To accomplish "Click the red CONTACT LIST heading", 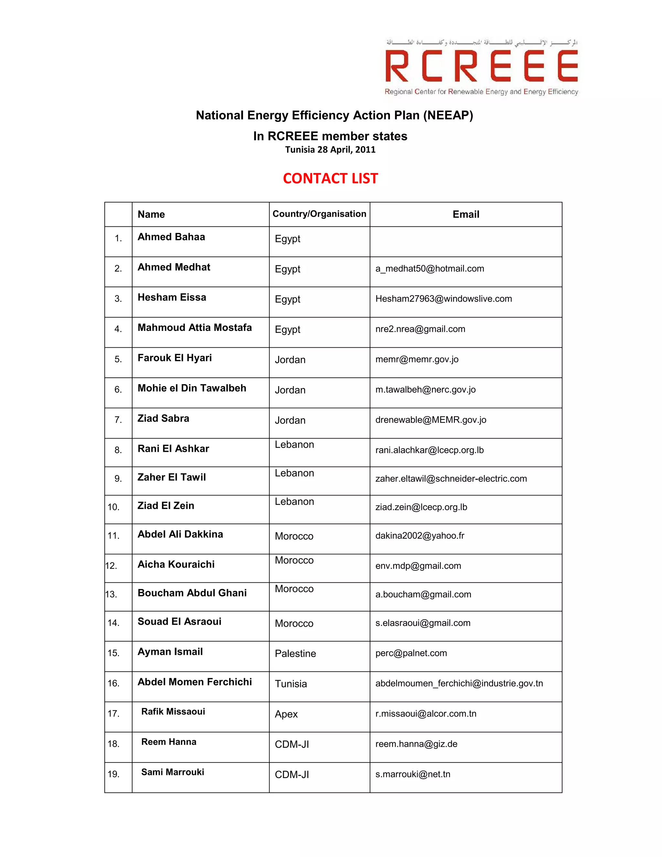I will (x=330, y=179).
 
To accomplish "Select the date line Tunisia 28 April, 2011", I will (x=330, y=149).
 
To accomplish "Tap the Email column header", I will (x=465, y=214).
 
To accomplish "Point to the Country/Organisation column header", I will (x=319, y=214).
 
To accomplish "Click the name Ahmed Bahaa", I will (x=171, y=237).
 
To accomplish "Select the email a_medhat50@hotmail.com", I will (x=430, y=269).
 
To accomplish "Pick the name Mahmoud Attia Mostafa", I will (x=195, y=328).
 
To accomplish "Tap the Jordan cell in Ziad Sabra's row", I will (x=290, y=420).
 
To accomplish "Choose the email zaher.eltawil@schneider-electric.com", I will (x=451, y=479).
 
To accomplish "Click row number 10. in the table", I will (x=113, y=507).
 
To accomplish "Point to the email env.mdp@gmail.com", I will (x=418, y=566).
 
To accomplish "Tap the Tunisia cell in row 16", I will (x=291, y=684).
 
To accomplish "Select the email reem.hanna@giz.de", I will (x=416, y=744).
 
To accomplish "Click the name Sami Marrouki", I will (x=173, y=772).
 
